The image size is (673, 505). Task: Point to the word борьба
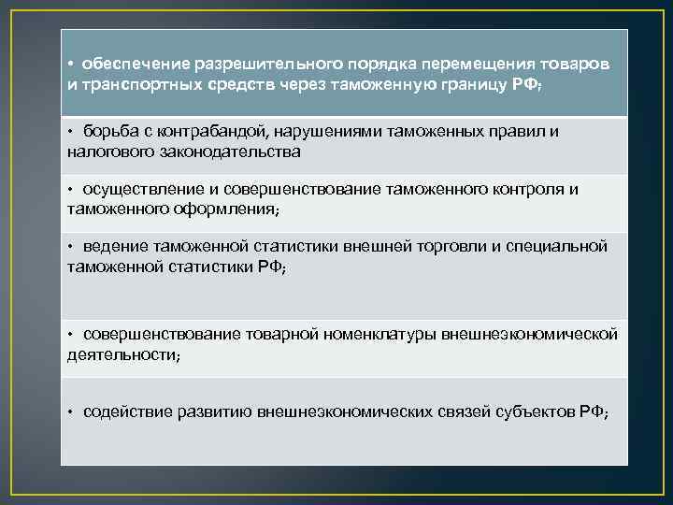tap(108, 131)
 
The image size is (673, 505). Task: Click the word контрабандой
tap(206, 131)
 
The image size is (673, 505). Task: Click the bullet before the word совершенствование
tap(70, 335)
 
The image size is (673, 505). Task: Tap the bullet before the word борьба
tap(70, 131)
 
